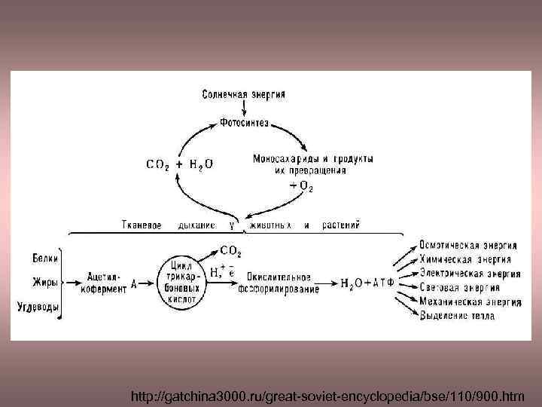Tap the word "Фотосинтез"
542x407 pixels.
(244, 122)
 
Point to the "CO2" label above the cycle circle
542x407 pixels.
(230, 250)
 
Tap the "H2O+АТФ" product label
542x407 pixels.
(367, 284)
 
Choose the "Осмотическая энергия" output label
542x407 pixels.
(468, 246)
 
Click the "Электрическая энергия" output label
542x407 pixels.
(468, 274)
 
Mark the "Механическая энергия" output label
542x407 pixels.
(470, 301)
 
